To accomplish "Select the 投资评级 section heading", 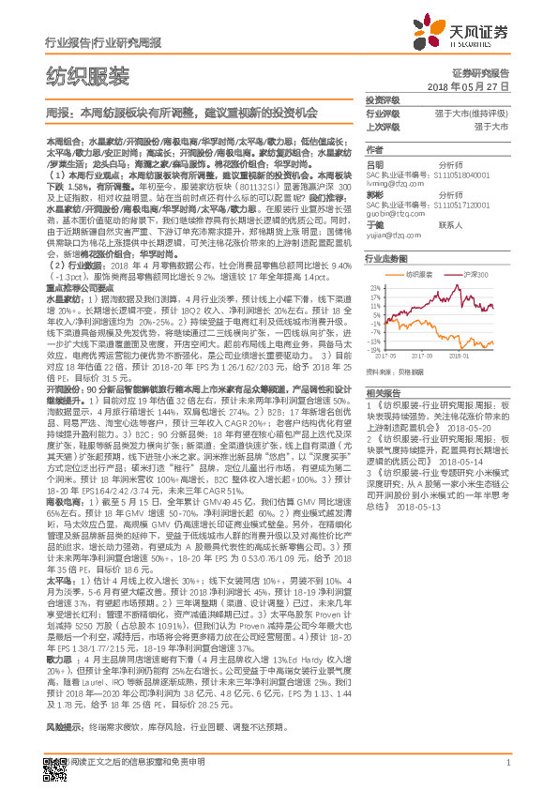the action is coord(383,99).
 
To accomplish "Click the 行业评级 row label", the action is coord(383,112).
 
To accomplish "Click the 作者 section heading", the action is coord(374,149).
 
